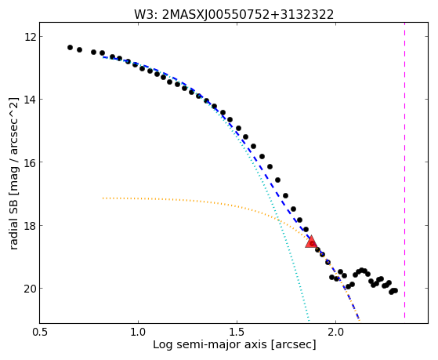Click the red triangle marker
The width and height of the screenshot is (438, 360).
[x=311, y=242]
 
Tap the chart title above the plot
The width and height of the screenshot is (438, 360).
[x=233, y=15]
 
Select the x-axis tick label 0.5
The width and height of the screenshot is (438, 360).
[x=40, y=332]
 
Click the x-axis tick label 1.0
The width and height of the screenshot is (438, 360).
[x=138, y=332]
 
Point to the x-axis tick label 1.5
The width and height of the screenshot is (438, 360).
[x=237, y=332]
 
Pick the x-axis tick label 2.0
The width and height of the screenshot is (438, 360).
[x=336, y=332]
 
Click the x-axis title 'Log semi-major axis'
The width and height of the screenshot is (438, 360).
[x=210, y=344]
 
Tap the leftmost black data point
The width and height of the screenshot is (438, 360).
[x=70, y=47]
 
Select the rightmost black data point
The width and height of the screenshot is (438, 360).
[x=395, y=291]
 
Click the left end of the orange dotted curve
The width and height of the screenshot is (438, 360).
[x=103, y=198]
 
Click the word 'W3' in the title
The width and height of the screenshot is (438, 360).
[x=144, y=15]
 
